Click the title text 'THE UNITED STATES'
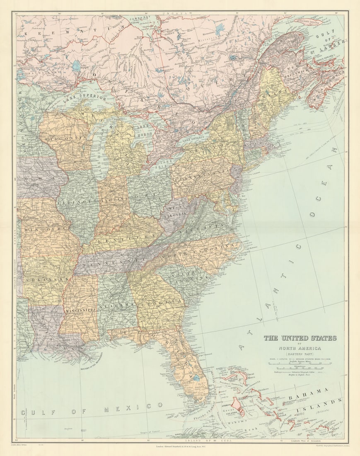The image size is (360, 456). tap(300, 338)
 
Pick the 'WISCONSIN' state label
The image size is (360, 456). tap(66, 137)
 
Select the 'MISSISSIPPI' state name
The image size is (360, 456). tap(80, 309)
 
